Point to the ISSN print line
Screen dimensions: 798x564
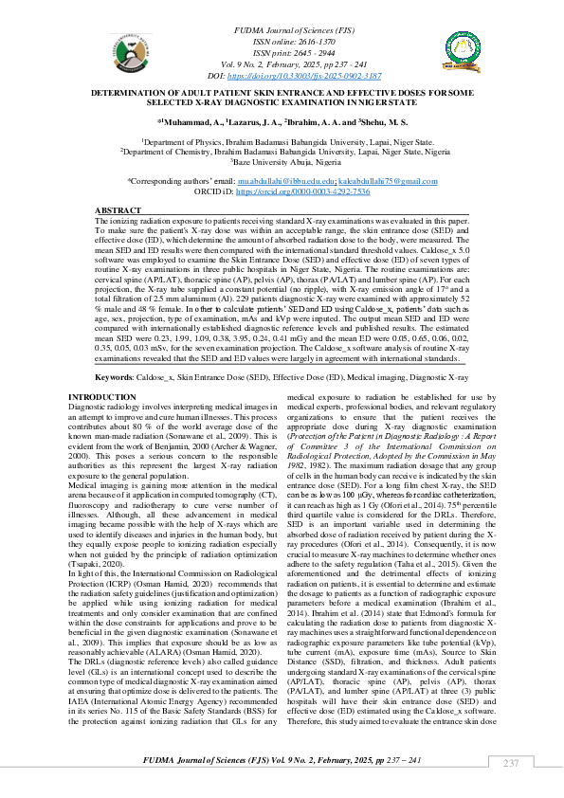tap(282, 53)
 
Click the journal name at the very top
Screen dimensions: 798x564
tap(282, 32)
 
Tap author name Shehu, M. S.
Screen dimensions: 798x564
tap(383, 122)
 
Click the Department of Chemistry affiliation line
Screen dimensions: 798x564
tap(282, 151)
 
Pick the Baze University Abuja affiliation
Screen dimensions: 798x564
tap(282, 161)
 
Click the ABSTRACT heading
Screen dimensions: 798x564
tap(118, 209)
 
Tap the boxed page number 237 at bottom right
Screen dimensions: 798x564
tap(511, 764)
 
